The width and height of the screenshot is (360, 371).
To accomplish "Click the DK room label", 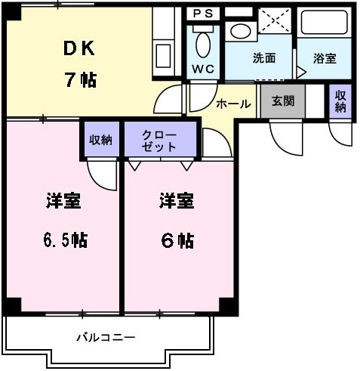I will [78, 48].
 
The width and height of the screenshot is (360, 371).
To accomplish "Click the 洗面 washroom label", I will [263, 58].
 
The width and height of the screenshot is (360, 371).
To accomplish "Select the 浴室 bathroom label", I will [325, 58].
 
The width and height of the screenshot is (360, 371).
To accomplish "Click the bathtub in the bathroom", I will [324, 23].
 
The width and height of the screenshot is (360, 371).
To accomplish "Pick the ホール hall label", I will [232, 104].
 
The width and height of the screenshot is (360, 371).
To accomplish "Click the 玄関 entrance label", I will [282, 100].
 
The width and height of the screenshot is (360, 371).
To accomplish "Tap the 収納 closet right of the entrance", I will [340, 101].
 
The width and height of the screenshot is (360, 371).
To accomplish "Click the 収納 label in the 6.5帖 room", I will [100, 139].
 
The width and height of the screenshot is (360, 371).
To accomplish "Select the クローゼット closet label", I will [159, 141].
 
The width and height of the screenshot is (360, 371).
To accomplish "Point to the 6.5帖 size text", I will [63, 240].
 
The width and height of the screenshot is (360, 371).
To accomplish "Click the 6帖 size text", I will [177, 240].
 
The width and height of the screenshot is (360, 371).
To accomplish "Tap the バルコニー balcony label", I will [106, 336].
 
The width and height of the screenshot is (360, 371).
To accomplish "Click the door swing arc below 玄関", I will [285, 134].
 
